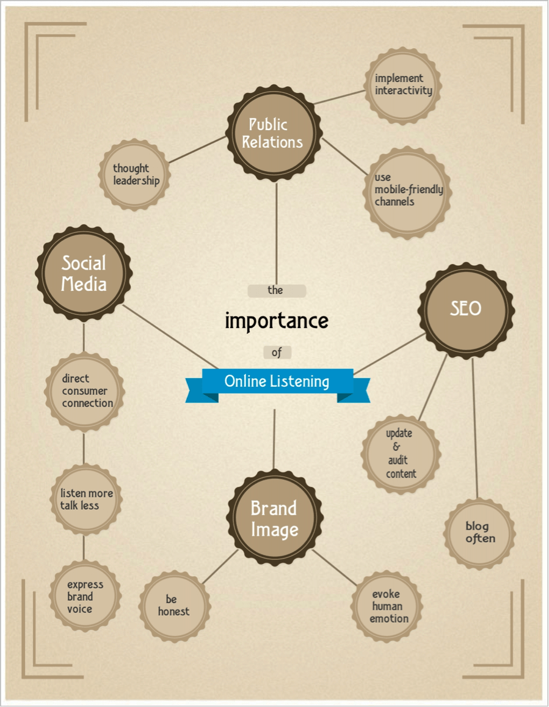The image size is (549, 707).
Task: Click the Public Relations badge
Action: [273, 133]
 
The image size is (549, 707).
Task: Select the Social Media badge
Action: [84, 274]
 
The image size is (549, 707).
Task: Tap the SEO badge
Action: [466, 309]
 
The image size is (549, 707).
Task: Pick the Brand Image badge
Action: [274, 519]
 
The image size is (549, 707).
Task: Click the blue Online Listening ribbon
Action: [277, 382]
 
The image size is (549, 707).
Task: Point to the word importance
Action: [277, 321]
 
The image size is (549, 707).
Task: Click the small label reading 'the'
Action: [276, 290]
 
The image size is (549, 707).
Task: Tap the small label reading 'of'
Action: [277, 353]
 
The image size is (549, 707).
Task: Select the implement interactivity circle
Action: [403, 85]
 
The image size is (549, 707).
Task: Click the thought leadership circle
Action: [134, 175]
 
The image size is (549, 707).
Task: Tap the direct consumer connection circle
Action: [85, 391]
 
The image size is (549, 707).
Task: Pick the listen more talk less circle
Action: [85, 499]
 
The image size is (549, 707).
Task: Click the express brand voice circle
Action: [84, 596]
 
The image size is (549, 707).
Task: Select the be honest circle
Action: [175, 606]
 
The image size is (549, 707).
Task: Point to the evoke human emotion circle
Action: [387, 606]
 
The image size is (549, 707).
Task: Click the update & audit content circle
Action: [400, 453]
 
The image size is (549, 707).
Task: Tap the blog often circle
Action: [479, 532]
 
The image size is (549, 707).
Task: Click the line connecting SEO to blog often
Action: [474, 428]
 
